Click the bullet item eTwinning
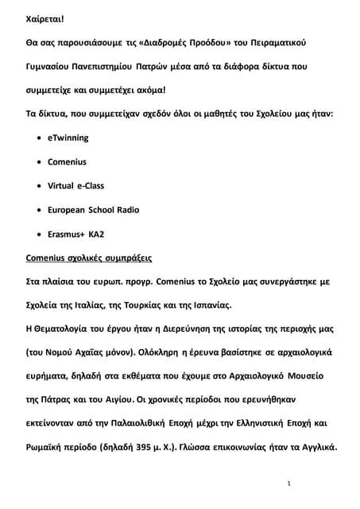(68, 138)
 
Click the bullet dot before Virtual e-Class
(40, 186)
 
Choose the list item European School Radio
(94, 210)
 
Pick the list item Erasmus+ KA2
(76, 235)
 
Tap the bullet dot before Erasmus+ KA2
(40, 235)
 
